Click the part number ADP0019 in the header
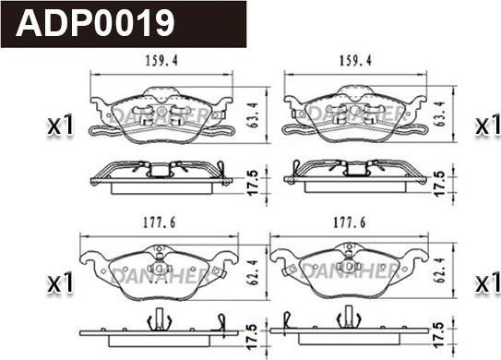coord(95,23)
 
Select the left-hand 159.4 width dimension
coord(161,61)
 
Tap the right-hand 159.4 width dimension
coord(355,61)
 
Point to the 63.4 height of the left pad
coord(254,114)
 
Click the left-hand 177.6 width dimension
coord(159,222)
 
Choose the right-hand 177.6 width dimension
coord(350,222)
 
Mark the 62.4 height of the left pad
coord(253,271)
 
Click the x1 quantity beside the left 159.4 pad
coord(61,126)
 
